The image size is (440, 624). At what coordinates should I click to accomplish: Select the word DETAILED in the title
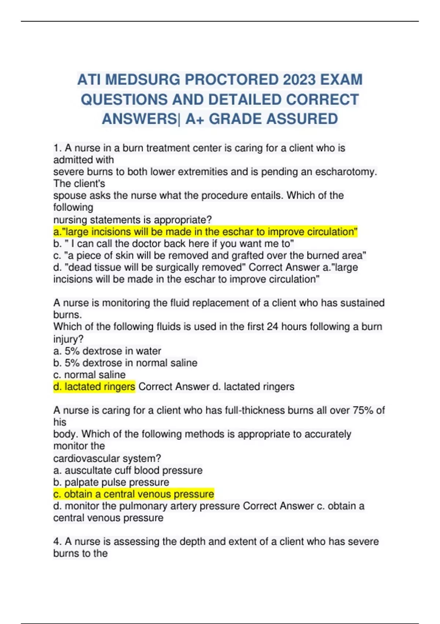(245, 99)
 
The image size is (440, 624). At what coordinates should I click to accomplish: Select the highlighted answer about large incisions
(205, 232)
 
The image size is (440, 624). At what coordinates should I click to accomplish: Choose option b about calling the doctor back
(173, 244)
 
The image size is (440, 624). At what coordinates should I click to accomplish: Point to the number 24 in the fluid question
(272, 327)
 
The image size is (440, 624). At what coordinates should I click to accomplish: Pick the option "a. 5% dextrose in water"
(107, 351)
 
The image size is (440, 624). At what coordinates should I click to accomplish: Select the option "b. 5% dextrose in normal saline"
(125, 363)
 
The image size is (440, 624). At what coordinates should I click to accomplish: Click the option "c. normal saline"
(89, 375)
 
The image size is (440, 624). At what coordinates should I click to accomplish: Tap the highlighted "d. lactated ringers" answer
(94, 387)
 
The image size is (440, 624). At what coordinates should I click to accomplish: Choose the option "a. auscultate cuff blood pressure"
(128, 470)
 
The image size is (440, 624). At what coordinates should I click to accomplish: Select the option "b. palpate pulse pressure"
(111, 482)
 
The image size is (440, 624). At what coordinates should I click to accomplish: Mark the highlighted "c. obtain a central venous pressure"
(133, 494)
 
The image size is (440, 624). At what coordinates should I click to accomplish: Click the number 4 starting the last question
(56, 541)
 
